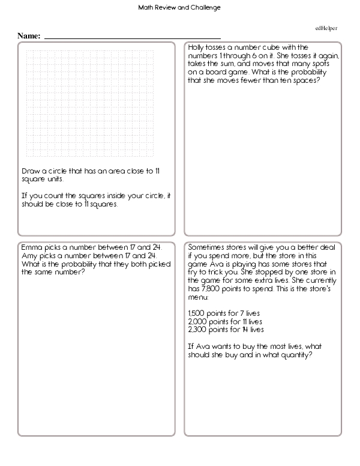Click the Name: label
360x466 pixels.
[x=29, y=36]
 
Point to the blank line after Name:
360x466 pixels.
[x=133, y=38]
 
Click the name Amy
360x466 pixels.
[x=28, y=255]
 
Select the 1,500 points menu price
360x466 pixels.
[x=196, y=314]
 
